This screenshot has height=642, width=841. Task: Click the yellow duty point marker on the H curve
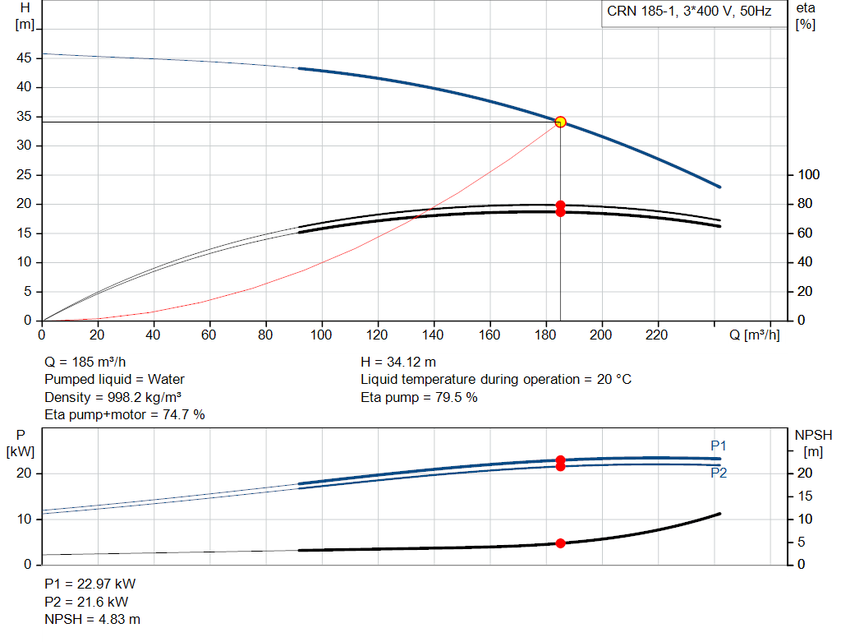(560, 122)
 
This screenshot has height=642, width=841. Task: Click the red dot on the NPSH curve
(560, 543)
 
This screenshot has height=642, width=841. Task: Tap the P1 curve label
(718, 446)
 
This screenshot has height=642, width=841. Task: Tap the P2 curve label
(719, 473)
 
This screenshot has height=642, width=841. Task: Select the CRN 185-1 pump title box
(694, 13)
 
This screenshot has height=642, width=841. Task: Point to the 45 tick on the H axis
(24, 58)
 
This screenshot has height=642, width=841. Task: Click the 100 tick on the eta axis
(808, 174)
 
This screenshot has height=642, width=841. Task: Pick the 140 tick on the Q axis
(433, 335)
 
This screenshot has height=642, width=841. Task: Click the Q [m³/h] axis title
(755, 335)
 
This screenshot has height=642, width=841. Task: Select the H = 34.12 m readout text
(398, 362)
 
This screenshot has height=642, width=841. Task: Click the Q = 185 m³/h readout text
(85, 362)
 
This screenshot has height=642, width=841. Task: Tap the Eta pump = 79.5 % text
(419, 397)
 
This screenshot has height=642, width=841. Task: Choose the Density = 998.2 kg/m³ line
(113, 397)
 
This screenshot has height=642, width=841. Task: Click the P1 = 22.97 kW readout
(90, 584)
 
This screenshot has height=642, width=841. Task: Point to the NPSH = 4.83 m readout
(92, 619)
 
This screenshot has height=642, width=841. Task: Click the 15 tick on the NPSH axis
(805, 496)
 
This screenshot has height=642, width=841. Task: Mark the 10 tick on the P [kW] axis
(24, 519)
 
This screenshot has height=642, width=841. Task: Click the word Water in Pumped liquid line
(166, 380)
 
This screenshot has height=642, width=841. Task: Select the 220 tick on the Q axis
(656, 335)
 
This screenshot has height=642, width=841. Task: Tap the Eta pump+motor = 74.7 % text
(125, 415)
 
